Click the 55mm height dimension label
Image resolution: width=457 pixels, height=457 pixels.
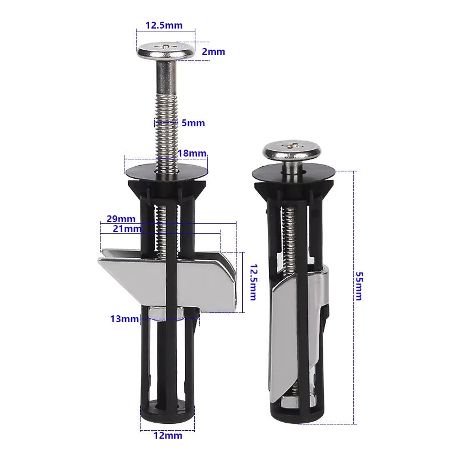coord(358,286)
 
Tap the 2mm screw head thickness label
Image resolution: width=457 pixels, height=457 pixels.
coord(214,51)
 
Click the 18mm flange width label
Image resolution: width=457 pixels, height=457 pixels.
coord(192,153)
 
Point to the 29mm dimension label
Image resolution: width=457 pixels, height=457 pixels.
coord(121,219)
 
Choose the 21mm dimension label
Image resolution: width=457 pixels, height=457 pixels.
coord(126,228)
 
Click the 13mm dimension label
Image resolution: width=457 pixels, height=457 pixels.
coord(124,319)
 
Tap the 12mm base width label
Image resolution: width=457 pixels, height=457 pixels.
coord(168,435)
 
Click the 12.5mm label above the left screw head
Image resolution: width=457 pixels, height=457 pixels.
coord(164,25)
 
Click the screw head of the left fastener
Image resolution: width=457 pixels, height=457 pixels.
coord(166,50)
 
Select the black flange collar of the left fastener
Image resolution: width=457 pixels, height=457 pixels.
coord(166,171)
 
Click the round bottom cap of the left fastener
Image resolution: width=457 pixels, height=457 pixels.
coord(167,414)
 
